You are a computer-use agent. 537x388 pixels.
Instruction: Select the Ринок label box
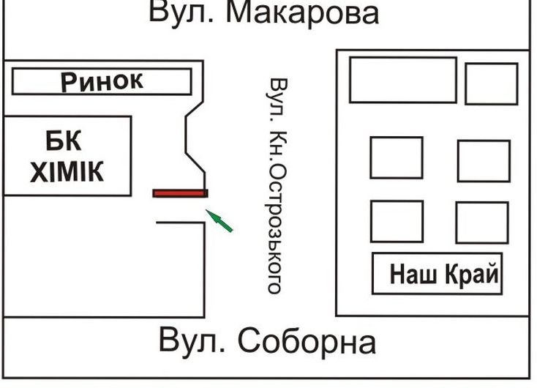tap(102, 81)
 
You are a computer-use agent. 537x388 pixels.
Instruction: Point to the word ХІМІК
tap(67, 173)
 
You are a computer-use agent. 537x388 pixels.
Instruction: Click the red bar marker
tap(180, 193)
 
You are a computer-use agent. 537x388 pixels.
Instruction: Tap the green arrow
tap(219, 220)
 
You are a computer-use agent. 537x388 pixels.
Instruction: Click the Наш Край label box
tap(438, 274)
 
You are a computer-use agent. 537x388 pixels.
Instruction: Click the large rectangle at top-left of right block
tap(402, 80)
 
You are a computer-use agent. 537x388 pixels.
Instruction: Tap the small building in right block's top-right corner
tap(491, 83)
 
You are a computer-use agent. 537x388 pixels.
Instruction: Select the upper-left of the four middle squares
tap(396, 157)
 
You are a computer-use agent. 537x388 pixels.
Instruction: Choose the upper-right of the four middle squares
tap(483, 160)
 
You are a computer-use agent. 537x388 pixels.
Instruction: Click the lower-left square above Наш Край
tap(396, 221)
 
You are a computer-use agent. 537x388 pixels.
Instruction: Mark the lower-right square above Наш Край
tap(481, 222)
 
